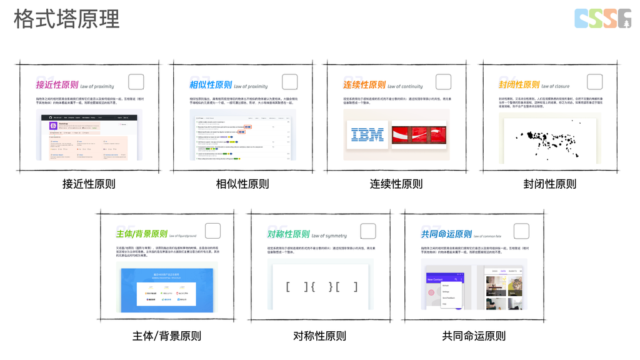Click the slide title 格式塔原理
click(66, 19)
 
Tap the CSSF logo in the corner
click(602, 19)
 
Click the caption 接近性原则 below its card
click(89, 184)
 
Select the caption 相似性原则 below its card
click(242, 184)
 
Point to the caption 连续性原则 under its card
click(396, 184)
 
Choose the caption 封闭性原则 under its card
click(550, 184)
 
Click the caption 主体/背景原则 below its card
click(167, 336)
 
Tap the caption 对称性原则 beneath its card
click(319, 336)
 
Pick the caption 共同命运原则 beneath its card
click(474, 336)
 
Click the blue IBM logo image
click(367, 134)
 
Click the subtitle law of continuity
click(405, 86)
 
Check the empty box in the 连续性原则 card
click(443, 82)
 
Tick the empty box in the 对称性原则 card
click(368, 231)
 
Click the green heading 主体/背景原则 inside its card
click(142, 234)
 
